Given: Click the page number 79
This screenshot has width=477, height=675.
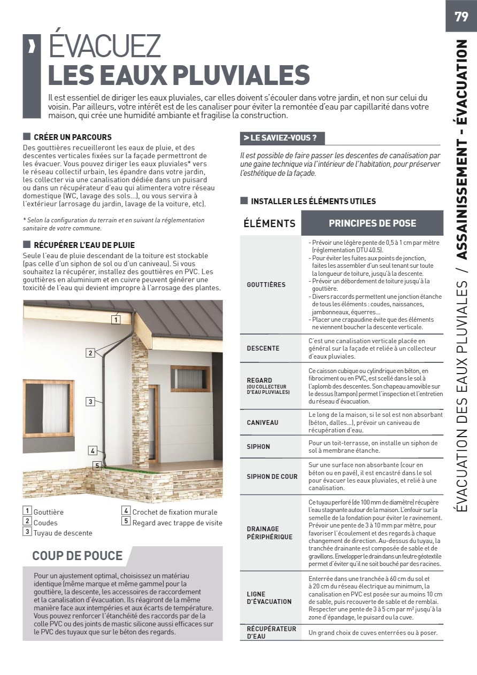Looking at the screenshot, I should click(460, 16).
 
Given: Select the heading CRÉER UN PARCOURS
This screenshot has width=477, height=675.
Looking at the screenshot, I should click(73, 137).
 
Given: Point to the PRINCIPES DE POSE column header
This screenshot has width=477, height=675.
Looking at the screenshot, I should click(372, 223).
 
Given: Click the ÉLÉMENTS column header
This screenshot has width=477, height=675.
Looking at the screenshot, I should click(270, 223).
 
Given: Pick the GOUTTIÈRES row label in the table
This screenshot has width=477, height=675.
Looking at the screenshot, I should click(266, 285).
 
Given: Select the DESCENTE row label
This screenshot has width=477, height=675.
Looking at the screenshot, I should click(263, 348).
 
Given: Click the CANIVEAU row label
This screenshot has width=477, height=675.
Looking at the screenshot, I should click(263, 423).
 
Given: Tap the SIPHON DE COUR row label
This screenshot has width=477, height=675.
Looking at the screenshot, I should click(272, 476).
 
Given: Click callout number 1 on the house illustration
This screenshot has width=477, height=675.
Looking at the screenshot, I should click(115, 320).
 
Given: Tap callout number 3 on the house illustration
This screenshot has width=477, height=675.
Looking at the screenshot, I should click(90, 401).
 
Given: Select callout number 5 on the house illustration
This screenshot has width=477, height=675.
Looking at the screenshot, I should click(96, 465).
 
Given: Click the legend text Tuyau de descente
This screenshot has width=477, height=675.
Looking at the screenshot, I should click(63, 533).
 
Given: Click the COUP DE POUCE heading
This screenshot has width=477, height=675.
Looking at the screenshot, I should click(78, 556).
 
